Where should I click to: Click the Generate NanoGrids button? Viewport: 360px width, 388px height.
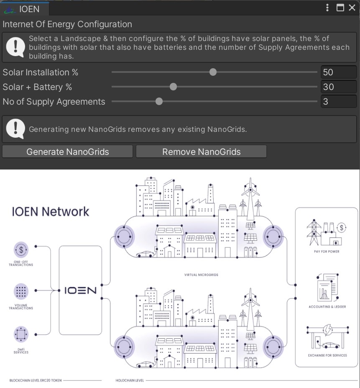[67, 152]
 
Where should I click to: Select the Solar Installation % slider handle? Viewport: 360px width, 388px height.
[213, 72]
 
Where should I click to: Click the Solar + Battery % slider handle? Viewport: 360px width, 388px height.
[173, 87]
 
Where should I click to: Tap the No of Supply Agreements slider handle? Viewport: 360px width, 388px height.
[159, 101]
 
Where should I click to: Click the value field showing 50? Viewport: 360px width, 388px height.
[338, 72]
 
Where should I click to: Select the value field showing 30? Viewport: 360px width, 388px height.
[338, 87]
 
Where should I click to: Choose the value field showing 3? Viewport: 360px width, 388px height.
[338, 101]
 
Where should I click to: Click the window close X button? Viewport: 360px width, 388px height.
[352, 8]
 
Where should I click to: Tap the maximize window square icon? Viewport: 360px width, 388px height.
[340, 8]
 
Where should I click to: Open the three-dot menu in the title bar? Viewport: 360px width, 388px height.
[327, 8]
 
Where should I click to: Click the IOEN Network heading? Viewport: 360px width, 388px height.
[51, 211]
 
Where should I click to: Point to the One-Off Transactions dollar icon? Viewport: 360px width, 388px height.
[21, 250]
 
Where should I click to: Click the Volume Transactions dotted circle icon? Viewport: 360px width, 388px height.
[21, 290]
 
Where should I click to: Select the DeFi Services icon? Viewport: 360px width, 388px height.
[21, 334]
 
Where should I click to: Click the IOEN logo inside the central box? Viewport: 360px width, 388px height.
[80, 290]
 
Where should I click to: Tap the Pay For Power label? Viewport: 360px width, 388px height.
[327, 252]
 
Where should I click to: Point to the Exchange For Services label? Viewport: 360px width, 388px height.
[327, 355]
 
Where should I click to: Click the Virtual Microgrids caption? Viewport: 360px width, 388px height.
[201, 275]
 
